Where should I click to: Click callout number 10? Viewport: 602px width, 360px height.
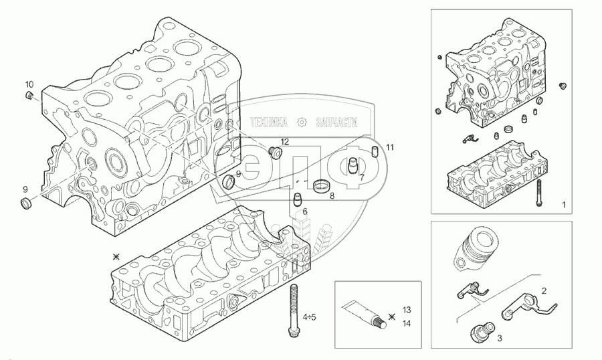coord(29,84)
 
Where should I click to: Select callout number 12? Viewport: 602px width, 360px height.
coord(284,142)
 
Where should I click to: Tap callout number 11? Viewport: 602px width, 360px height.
coord(390,147)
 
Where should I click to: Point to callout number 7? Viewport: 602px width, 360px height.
coord(362,178)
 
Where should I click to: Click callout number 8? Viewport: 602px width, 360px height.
coord(332,196)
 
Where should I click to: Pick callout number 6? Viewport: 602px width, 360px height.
coord(304,211)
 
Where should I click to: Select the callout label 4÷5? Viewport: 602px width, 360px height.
coord(310,317)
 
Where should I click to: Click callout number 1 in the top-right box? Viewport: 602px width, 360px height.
coord(564,203)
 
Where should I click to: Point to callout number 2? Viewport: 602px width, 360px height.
coord(544,291)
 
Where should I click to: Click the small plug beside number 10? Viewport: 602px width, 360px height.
coord(30,98)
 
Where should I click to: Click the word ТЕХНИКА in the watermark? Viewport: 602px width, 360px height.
coord(268,122)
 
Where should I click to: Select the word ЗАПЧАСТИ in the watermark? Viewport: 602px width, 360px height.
coord(333,122)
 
